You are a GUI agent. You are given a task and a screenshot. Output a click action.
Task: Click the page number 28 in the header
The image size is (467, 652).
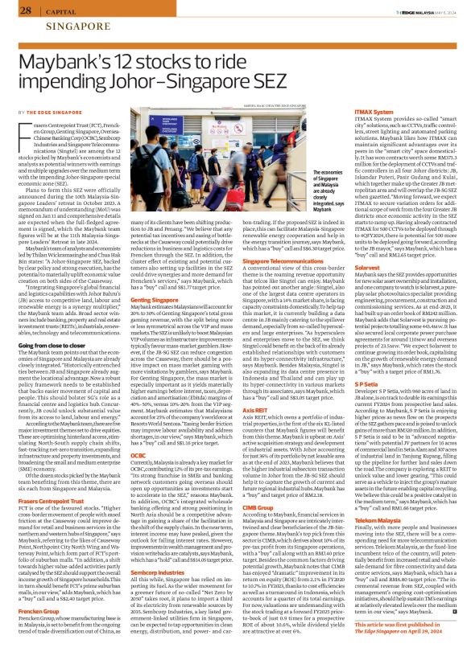pyautogui.click(x=26, y=10)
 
